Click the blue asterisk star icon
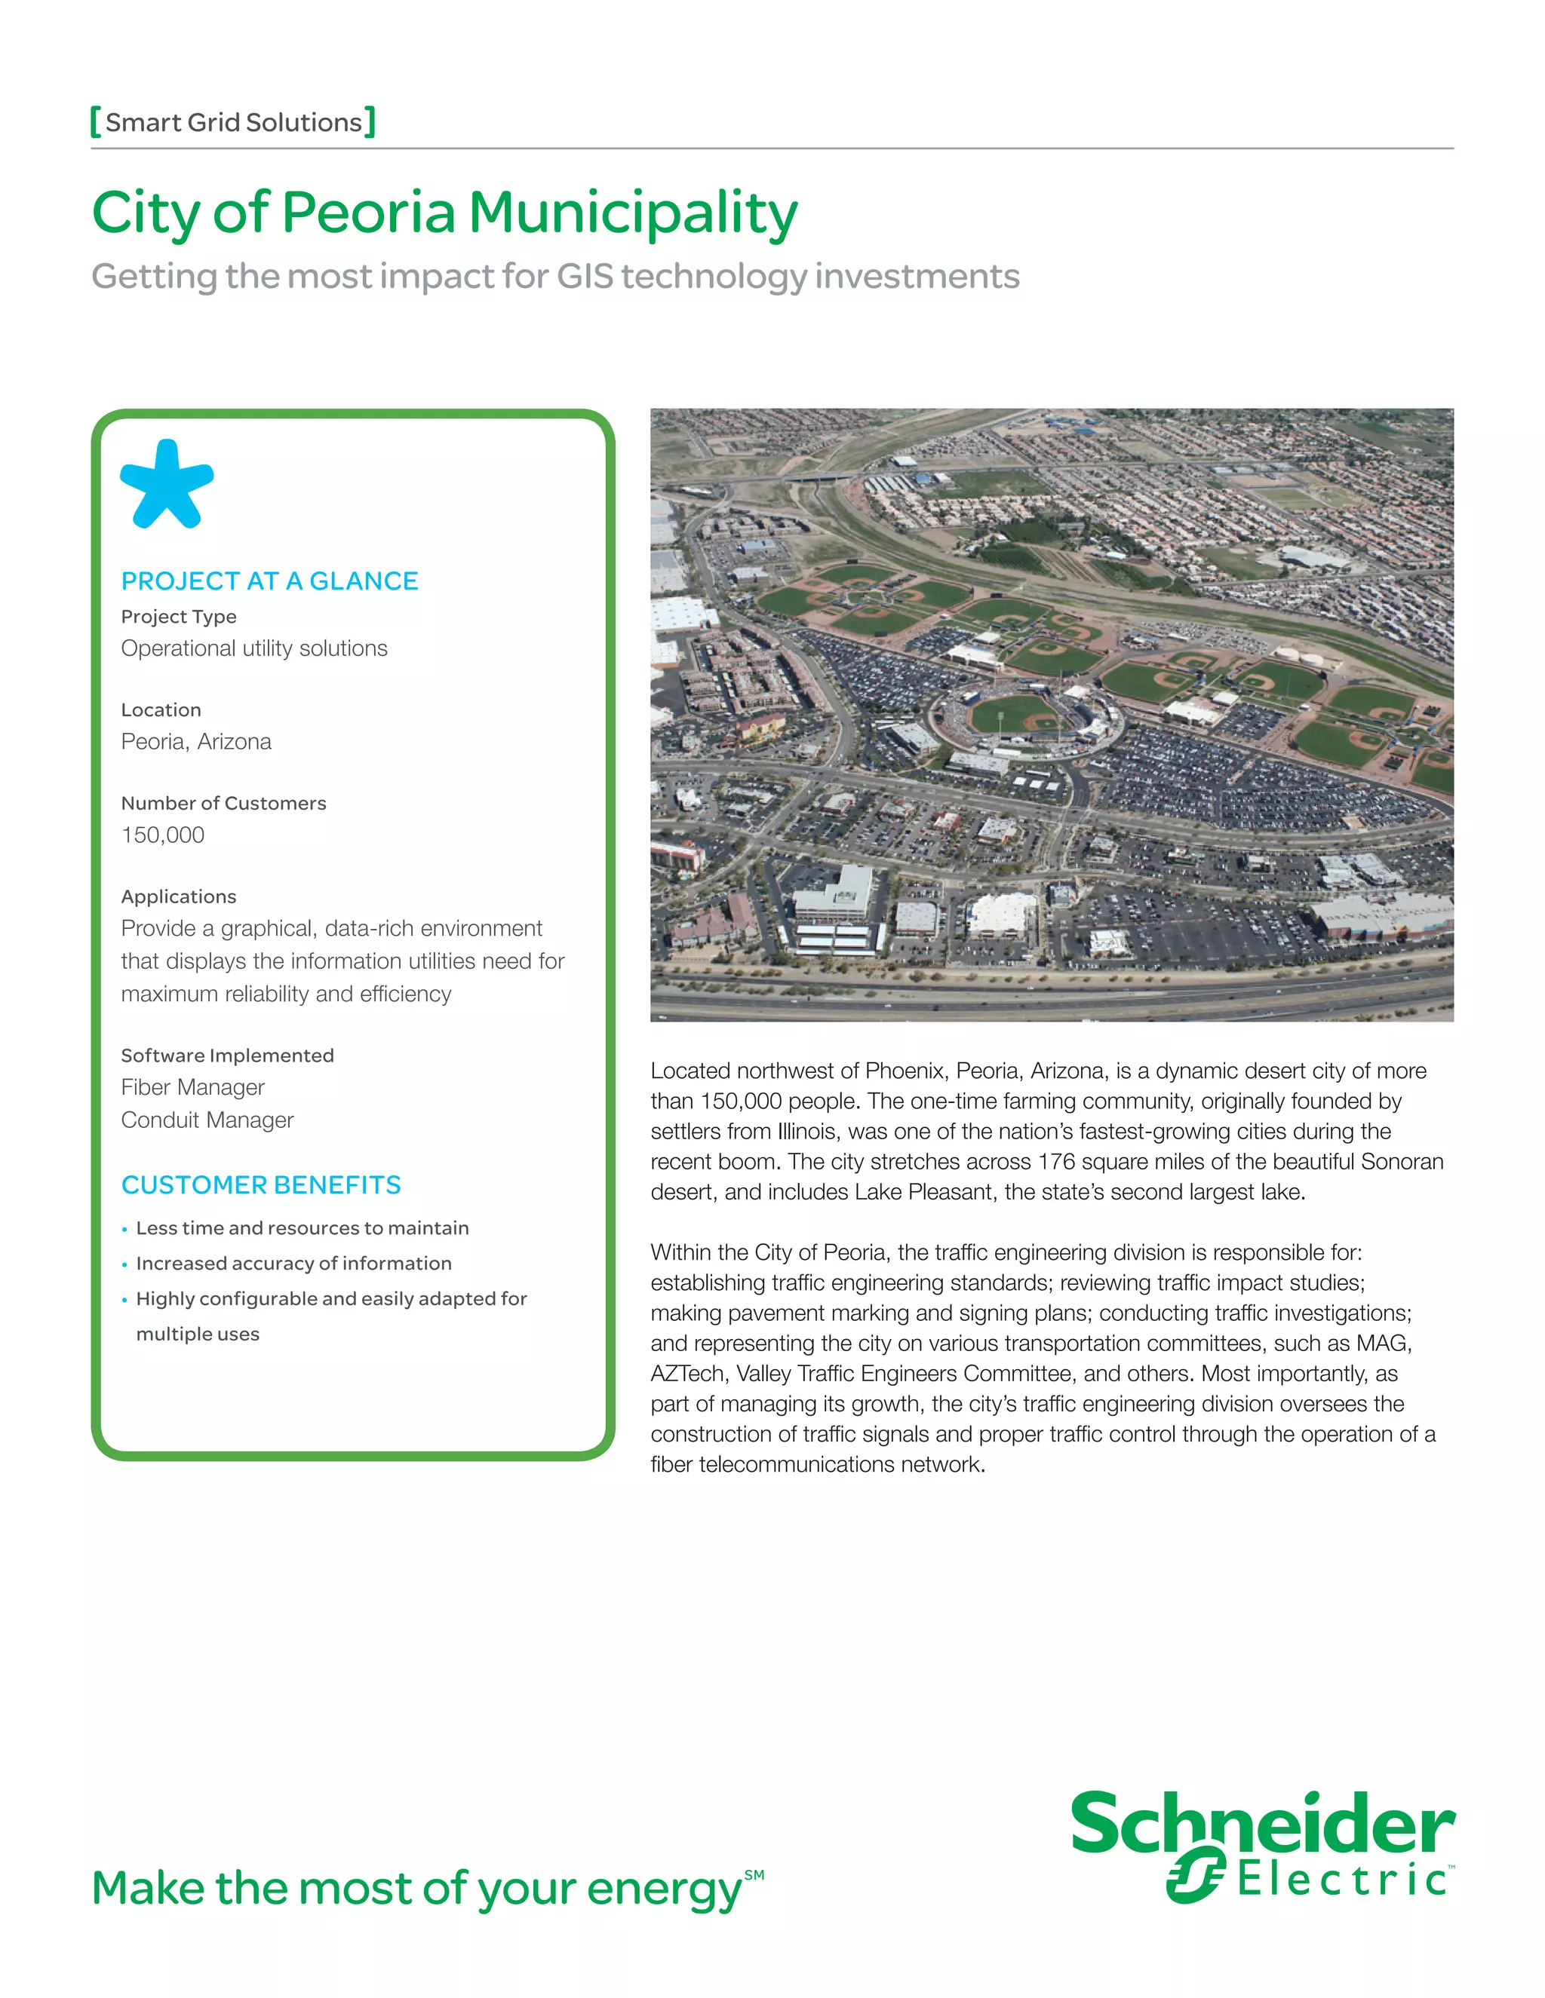[167, 484]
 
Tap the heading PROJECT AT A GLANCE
[269, 581]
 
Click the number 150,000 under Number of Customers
[163, 835]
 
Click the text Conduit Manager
[207, 1120]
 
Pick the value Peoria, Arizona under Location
[196, 741]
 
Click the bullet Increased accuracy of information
[293, 1264]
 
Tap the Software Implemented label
[227, 1055]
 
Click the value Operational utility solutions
[253, 648]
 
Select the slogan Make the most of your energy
[417, 1889]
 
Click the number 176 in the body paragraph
[1055, 1162]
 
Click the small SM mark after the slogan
[754, 1874]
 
